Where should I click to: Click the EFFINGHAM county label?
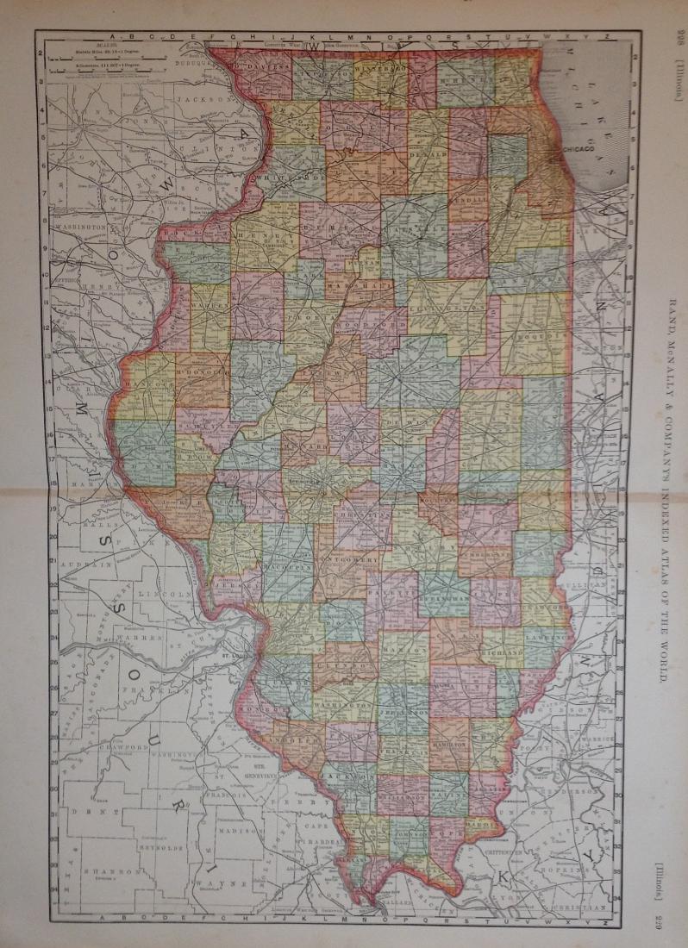[446, 596]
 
